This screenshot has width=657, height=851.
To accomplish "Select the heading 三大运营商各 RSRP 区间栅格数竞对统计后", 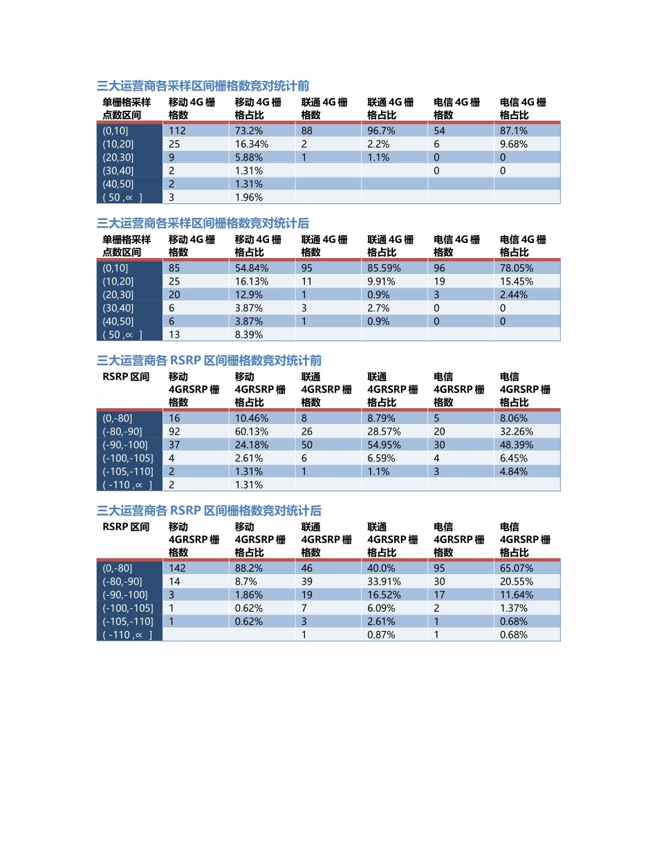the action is click(209, 511).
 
